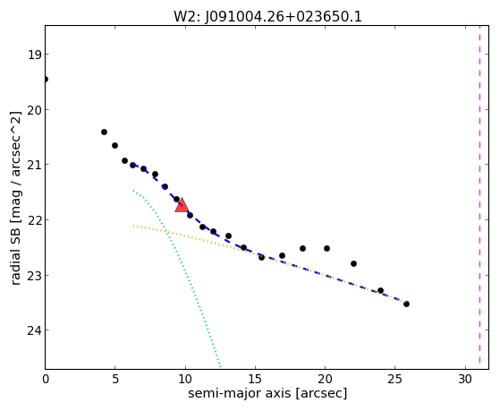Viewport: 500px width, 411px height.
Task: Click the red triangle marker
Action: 182,205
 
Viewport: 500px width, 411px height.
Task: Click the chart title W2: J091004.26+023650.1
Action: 267,17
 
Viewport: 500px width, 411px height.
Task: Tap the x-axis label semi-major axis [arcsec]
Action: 267,393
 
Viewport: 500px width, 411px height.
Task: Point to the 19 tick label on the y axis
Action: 34,55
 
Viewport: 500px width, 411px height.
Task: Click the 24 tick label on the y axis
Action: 34,330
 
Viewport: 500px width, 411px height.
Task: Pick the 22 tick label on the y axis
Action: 34,220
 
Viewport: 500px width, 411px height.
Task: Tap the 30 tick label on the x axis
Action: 465,379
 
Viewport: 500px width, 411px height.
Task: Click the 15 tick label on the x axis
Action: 255,379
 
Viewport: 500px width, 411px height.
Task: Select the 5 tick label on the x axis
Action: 115,379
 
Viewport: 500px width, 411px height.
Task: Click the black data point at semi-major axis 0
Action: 46,79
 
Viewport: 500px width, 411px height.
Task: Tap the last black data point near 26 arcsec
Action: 406,304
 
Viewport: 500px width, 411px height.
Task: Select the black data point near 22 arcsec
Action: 353,264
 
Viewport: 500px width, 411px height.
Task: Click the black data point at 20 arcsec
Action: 326,248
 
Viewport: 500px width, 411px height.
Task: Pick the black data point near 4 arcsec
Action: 104,132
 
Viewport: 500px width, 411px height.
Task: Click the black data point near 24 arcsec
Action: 380,291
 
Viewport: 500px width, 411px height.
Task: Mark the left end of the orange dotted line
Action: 133,226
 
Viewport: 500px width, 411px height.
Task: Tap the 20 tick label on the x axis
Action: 325,379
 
